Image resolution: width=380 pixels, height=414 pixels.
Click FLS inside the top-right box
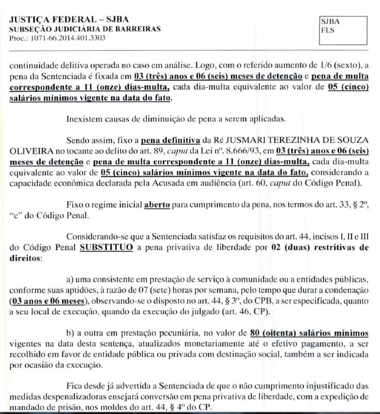click(328, 30)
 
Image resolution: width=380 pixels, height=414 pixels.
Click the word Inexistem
click(84, 119)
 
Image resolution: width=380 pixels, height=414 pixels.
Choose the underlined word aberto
click(157, 204)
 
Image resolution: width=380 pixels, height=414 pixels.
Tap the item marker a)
click(71, 280)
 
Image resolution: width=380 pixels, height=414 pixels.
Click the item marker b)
click(71, 333)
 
